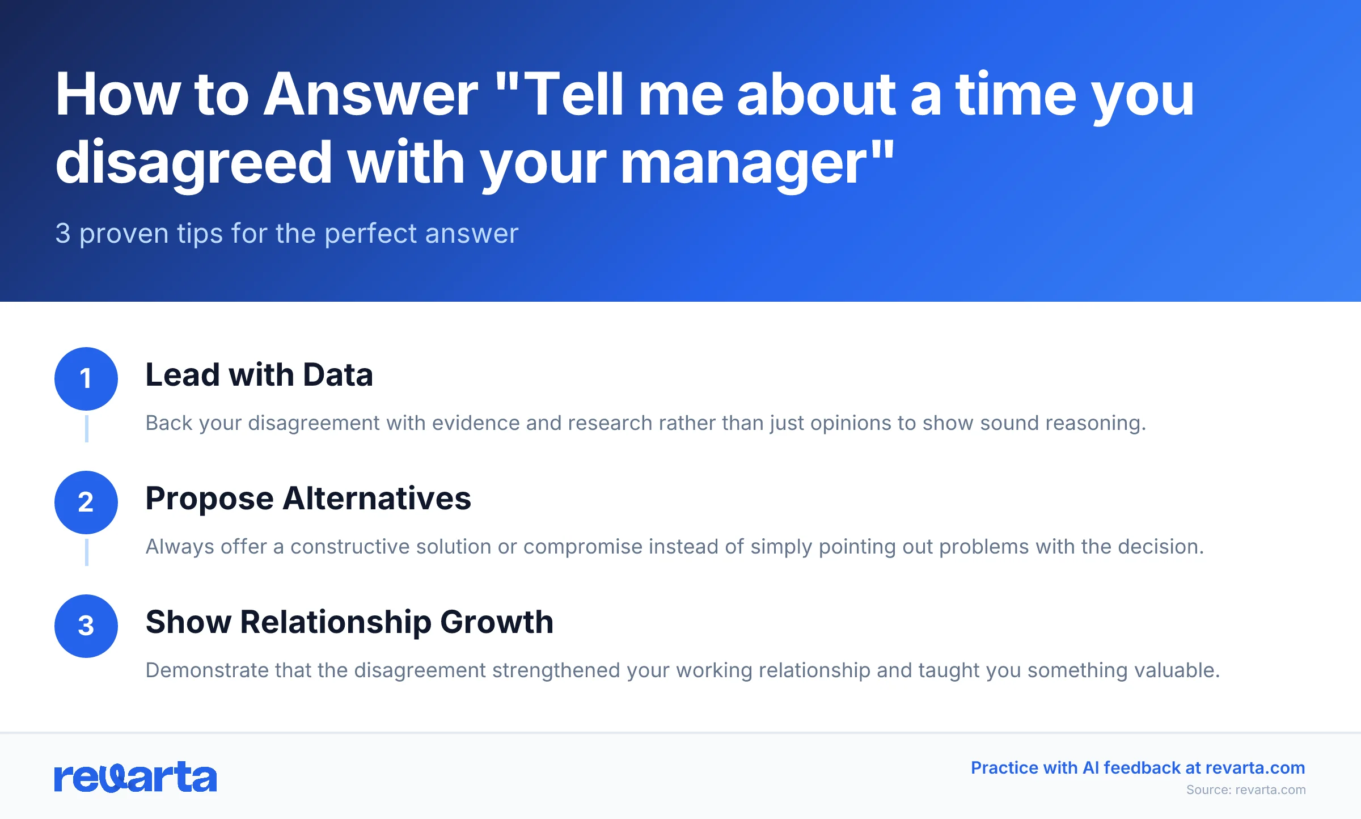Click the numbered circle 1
click(86, 378)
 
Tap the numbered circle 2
click(86, 502)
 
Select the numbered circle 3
click(86, 626)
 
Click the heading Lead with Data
click(259, 375)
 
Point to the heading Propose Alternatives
click(308, 499)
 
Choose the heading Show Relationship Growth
click(349, 622)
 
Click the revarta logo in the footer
click(136, 777)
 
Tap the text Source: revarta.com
click(1245, 790)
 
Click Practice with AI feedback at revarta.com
click(1138, 767)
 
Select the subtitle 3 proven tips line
click(286, 233)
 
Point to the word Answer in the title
click(371, 95)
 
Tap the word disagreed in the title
click(193, 163)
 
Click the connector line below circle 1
click(86, 428)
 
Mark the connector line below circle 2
click(86, 552)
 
